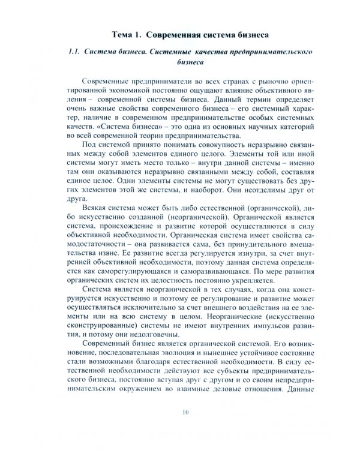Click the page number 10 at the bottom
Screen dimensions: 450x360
(185, 429)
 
